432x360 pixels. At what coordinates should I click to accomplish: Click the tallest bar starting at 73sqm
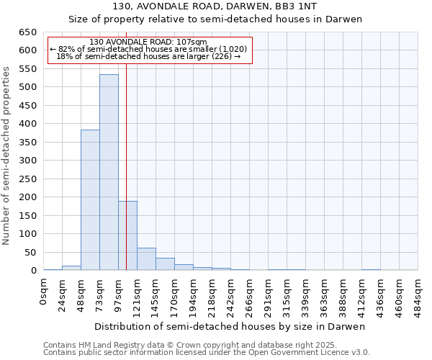pyautogui.click(x=109, y=173)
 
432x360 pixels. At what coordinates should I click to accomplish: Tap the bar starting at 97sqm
pyautogui.click(x=127, y=235)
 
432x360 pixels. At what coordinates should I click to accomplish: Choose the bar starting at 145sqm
pyautogui.click(x=165, y=264)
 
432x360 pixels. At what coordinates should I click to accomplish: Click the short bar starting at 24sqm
pyautogui.click(x=71, y=268)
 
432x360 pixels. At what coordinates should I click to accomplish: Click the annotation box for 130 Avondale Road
pyautogui.click(x=149, y=50)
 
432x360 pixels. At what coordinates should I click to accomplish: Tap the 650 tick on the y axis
pyautogui.click(x=27, y=32)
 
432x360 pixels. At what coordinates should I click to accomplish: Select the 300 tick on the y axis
pyautogui.click(x=27, y=161)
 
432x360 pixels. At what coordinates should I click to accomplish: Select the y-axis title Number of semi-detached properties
pyautogui.click(x=7, y=156)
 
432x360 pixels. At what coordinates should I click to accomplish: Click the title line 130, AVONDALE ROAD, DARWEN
pyautogui.click(x=215, y=6)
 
